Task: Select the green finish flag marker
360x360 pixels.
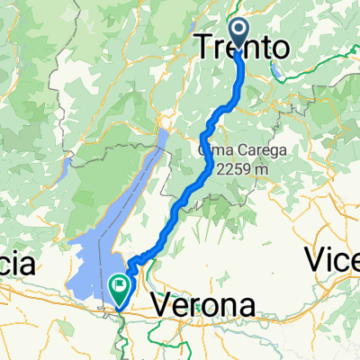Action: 118,286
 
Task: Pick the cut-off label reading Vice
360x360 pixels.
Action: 332,261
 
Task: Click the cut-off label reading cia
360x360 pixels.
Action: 17,265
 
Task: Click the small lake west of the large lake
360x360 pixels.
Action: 67,166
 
